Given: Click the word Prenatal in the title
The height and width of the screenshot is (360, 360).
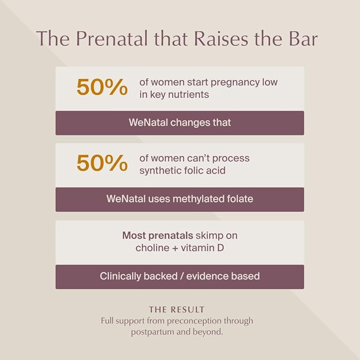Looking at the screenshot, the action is (x=111, y=38).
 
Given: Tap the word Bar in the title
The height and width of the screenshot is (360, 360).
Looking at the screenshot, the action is (x=303, y=38).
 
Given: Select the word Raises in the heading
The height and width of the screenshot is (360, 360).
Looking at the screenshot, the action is (x=221, y=38).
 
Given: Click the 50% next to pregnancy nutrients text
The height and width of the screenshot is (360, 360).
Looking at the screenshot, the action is (x=102, y=87).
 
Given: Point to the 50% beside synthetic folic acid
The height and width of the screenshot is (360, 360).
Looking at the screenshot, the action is (x=102, y=163).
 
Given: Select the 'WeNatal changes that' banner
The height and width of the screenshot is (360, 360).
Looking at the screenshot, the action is (x=180, y=123).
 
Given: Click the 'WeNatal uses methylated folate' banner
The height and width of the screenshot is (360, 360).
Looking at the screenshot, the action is (x=180, y=199).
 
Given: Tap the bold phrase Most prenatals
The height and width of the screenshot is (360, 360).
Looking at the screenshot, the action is (x=157, y=235).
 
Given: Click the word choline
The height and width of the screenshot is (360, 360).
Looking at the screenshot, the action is (x=152, y=248).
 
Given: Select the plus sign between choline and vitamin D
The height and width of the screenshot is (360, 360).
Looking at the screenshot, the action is (x=175, y=249).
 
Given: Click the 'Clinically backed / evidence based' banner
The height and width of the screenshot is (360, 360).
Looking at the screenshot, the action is (x=180, y=277).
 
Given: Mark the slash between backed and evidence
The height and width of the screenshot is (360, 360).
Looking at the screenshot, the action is (x=182, y=276).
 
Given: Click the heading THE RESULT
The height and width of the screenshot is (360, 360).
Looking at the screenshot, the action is (x=177, y=310).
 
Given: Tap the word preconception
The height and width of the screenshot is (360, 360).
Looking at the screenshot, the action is (x=194, y=321).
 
